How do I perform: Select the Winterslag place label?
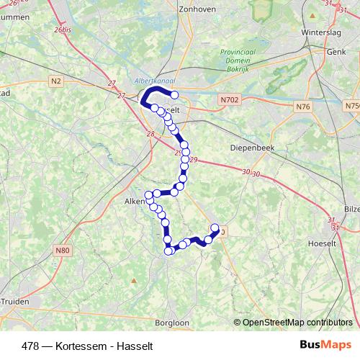click(322, 32)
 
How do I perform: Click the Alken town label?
click(135, 202)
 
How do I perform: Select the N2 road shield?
click(57, 81)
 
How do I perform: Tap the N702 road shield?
click(230, 99)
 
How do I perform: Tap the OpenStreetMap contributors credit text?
click(297, 322)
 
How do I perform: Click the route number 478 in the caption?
click(30, 345)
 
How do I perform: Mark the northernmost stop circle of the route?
click(174, 95)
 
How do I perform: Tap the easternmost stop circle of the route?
click(215, 228)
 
